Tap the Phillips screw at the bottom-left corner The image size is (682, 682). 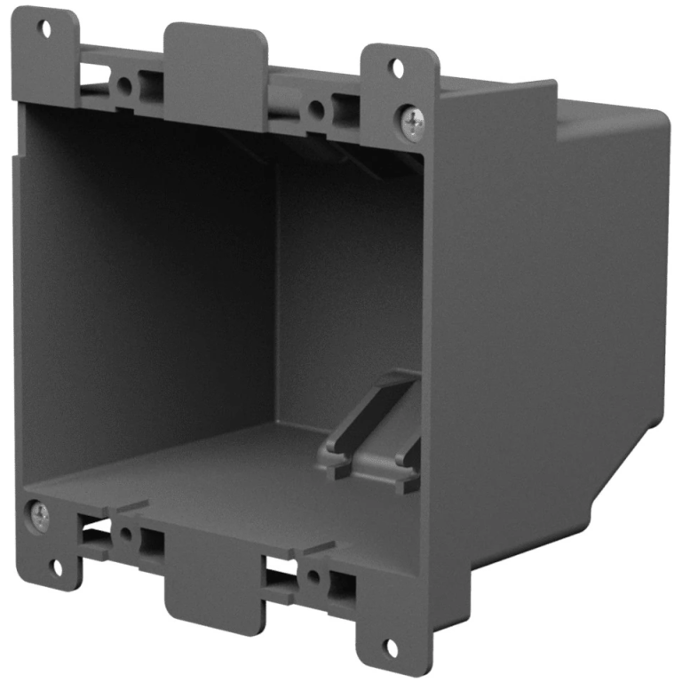[40, 515]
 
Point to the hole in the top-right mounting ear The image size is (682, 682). [398, 67]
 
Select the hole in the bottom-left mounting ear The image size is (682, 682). [58, 565]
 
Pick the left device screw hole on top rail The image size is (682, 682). [124, 86]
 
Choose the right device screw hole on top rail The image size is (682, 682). [315, 110]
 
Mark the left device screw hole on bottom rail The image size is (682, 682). [126, 535]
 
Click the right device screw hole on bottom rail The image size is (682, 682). [313, 576]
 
